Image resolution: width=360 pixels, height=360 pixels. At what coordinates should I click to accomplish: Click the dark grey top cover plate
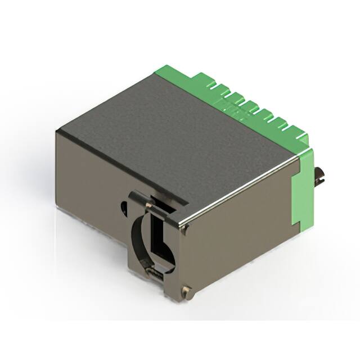tap(169, 135)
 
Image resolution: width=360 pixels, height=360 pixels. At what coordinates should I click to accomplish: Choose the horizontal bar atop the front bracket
tap(157, 201)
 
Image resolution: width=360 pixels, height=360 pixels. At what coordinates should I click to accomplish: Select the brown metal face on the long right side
tap(242, 236)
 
